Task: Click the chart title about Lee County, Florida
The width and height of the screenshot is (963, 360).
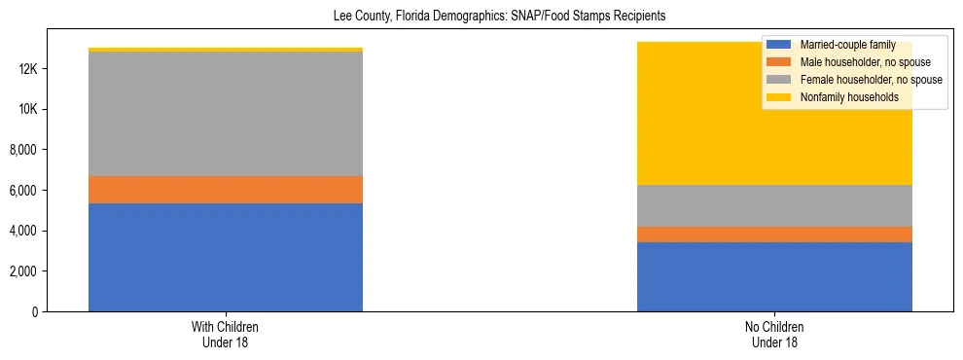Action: coord(481,17)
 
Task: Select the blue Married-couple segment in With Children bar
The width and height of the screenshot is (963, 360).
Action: coord(226,257)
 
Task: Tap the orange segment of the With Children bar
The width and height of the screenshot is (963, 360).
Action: coord(226,190)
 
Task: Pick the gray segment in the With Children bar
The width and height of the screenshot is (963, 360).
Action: coord(226,114)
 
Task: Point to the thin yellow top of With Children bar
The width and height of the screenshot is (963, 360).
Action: coord(226,50)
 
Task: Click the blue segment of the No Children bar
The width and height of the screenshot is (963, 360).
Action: coord(774,276)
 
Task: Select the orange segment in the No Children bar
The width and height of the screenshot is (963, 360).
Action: coord(774,234)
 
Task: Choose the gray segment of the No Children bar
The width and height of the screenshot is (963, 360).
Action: coord(774,205)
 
